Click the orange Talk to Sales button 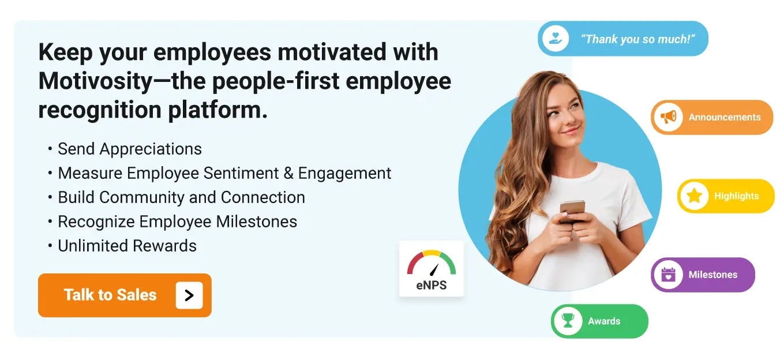click(x=110, y=295)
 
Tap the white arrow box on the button click(x=189, y=295)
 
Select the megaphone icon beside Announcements click(x=669, y=117)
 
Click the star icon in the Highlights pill click(x=694, y=196)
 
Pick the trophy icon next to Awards click(x=568, y=321)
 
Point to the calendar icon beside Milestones click(x=668, y=275)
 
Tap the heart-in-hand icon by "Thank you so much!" click(x=556, y=39)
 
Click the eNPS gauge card click(x=432, y=269)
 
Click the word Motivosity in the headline click(x=95, y=81)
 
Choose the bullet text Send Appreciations click(x=130, y=149)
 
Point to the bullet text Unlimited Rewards click(x=127, y=246)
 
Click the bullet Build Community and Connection click(x=181, y=197)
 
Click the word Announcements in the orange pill click(x=725, y=117)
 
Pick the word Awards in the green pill click(x=604, y=321)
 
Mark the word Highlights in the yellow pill click(x=736, y=196)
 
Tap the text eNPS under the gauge click(x=432, y=285)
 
